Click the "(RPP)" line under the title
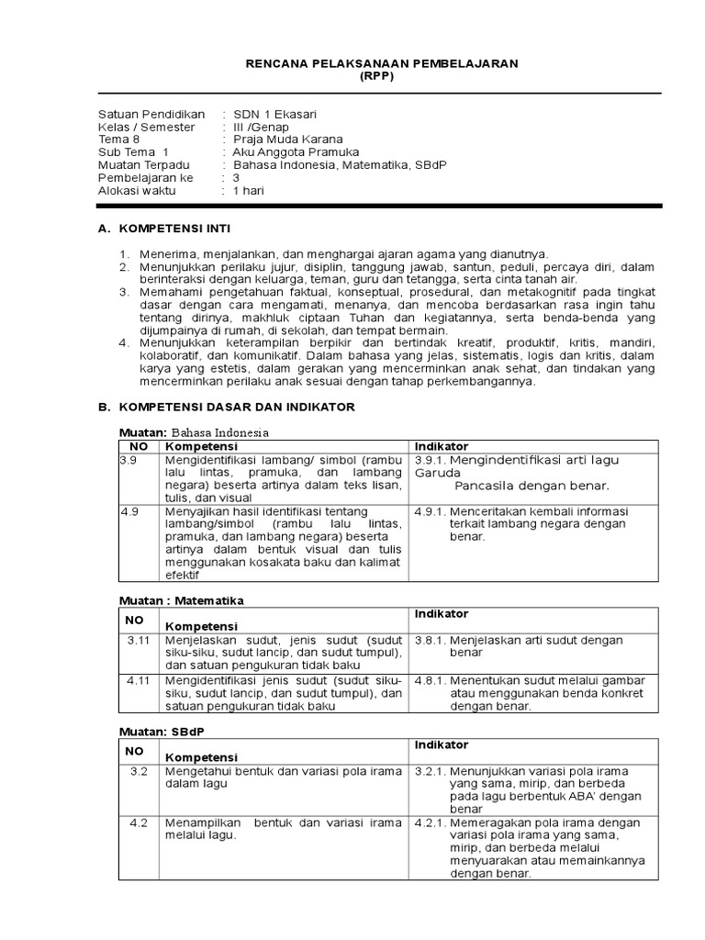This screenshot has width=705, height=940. click(378, 76)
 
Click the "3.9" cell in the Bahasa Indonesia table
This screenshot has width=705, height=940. click(129, 460)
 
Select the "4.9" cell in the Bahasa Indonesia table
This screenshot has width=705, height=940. click(129, 511)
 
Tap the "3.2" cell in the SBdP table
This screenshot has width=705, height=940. click(139, 772)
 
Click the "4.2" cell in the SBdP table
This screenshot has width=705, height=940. click(139, 823)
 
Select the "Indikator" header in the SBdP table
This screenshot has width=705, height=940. click(442, 745)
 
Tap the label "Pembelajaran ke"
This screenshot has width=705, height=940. click(146, 178)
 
